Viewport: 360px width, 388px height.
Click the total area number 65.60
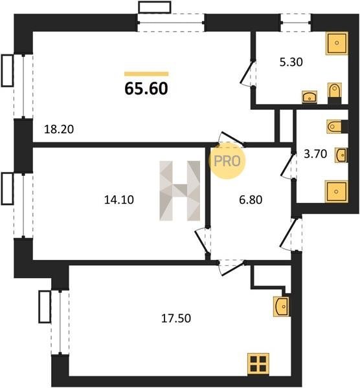click(146, 89)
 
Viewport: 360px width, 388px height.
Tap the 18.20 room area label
click(59, 129)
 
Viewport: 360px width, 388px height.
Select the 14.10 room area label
click(119, 200)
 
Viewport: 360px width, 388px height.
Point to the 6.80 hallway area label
click(251, 200)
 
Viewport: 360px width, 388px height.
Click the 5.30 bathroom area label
click(291, 62)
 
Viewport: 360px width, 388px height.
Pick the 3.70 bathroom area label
click(315, 154)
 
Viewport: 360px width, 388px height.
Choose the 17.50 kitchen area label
click(176, 318)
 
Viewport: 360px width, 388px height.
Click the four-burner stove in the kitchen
click(258, 363)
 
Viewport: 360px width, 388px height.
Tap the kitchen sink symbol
click(282, 307)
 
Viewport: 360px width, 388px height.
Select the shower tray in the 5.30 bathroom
click(337, 43)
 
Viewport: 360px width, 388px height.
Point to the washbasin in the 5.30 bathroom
click(309, 97)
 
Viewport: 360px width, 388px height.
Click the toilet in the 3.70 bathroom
click(337, 127)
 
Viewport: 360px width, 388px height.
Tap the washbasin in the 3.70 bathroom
click(341, 155)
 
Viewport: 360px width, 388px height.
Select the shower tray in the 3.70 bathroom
click(337, 191)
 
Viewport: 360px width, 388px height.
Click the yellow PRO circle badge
click(227, 161)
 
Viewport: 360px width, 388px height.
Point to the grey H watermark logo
click(180, 191)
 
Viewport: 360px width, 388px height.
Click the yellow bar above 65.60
click(146, 74)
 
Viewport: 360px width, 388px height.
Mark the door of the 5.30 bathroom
click(247, 72)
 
